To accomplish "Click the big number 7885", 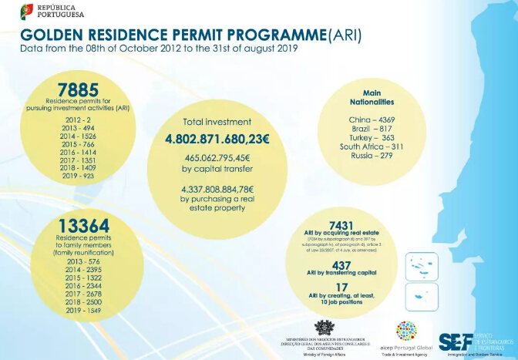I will pos(78,89).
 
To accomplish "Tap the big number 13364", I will pos(85,225).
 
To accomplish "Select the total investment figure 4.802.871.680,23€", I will pos(217,140).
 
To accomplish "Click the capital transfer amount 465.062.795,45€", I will pos(217,159).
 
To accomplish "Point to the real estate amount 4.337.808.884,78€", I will pos(217,190).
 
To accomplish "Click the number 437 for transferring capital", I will pos(341,264).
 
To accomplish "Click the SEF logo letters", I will pos(456,341).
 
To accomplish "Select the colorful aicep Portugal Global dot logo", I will pos(405,330).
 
